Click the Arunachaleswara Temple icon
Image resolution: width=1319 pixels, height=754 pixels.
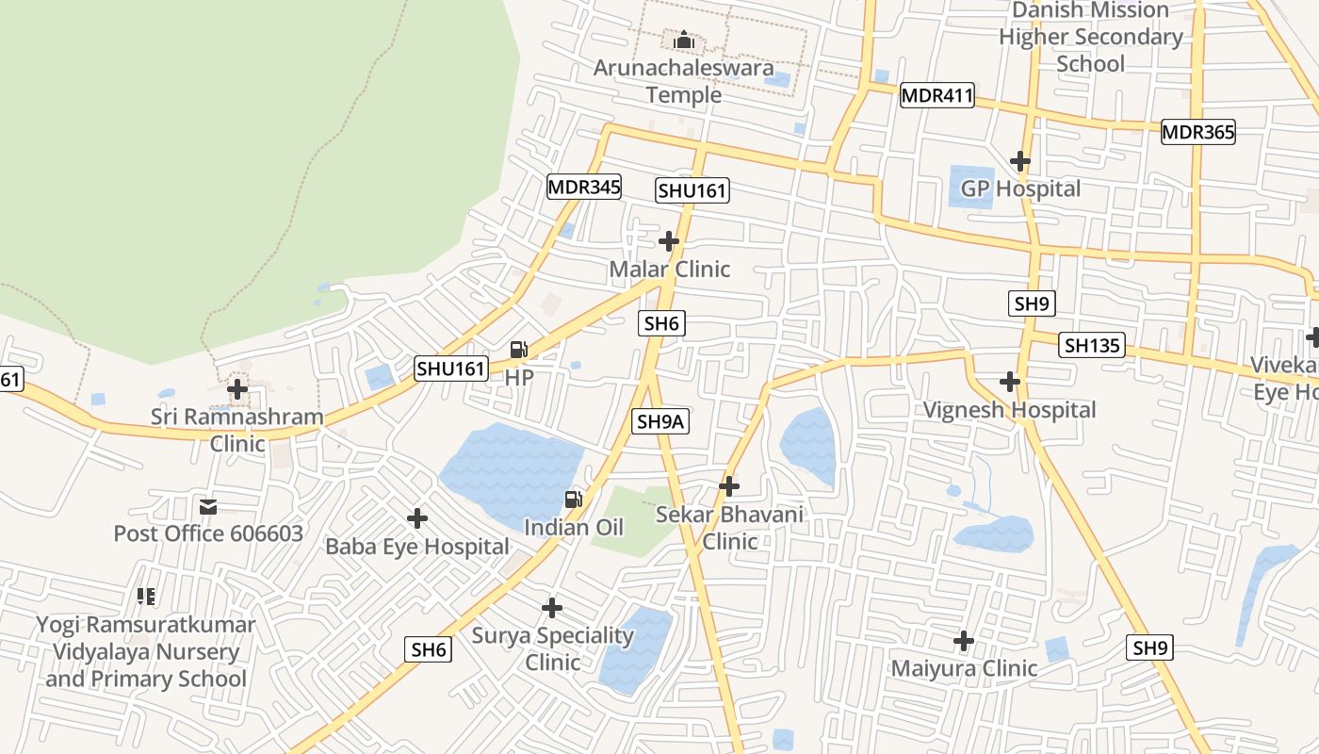pyautogui.click(x=684, y=41)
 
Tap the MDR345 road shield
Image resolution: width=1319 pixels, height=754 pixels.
pyautogui.click(x=584, y=187)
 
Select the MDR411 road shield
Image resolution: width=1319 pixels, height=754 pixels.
pyautogui.click(x=936, y=95)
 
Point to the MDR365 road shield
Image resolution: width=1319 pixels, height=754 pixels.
pyautogui.click(x=1197, y=132)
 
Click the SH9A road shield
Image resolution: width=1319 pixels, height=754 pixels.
pyautogui.click(x=660, y=421)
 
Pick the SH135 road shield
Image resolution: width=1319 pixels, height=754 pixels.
pyautogui.click(x=1092, y=345)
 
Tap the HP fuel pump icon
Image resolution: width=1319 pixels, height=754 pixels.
pyautogui.click(x=518, y=350)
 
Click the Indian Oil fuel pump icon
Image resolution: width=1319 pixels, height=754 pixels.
pyautogui.click(x=573, y=500)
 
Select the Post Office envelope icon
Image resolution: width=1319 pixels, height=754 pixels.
pyautogui.click(x=208, y=507)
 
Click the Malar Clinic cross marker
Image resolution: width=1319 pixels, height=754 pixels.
pyautogui.click(x=669, y=241)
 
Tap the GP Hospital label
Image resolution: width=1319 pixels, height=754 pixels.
pyautogui.click(x=1020, y=188)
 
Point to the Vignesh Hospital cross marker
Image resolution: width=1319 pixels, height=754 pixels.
pyautogui.click(x=1010, y=382)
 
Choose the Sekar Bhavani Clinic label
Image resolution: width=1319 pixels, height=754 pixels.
pyautogui.click(x=729, y=528)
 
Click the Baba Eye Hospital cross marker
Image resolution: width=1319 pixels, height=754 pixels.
pyautogui.click(x=417, y=518)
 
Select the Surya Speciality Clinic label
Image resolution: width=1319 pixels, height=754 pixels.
pyautogui.click(x=553, y=648)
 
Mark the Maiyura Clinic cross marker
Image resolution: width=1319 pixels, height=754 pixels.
pyautogui.click(x=964, y=641)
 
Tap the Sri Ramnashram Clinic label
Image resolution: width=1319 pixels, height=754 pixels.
pyautogui.click(x=237, y=430)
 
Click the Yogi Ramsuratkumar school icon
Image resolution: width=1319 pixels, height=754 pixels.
pyautogui.click(x=146, y=596)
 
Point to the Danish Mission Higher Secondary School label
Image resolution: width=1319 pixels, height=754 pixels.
pyautogui.click(x=1091, y=37)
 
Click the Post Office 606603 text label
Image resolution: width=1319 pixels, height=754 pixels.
pyautogui.click(x=208, y=533)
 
